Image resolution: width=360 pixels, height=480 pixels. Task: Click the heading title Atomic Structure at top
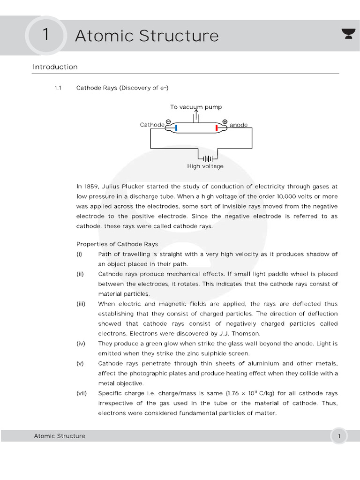click(147, 36)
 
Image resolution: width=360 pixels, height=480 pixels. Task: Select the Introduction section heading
click(55, 67)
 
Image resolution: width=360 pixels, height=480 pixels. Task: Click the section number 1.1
click(59, 88)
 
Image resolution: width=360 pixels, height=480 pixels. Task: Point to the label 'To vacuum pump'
click(196, 107)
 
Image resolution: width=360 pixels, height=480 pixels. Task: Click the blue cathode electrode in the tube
click(176, 127)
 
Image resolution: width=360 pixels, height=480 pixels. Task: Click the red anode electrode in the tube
click(217, 127)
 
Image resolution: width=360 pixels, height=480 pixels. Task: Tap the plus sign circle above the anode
click(225, 122)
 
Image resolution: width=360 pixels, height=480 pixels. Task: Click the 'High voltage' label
click(205, 166)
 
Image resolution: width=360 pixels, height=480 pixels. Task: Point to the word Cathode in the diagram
click(152, 125)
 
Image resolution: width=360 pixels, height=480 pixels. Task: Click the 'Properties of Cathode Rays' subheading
click(117, 244)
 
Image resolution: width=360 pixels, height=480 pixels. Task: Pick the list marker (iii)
click(81, 304)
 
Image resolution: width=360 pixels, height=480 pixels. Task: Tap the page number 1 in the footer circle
click(339, 436)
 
